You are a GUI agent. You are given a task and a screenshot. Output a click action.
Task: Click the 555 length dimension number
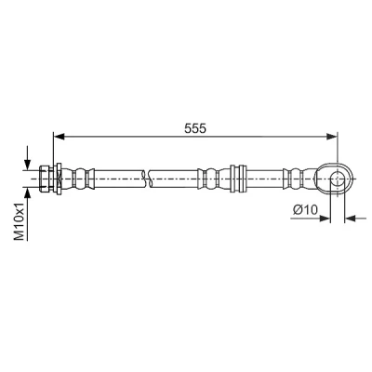[x=195, y=128]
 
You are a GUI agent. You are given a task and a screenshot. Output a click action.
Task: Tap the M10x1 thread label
[x=20, y=221]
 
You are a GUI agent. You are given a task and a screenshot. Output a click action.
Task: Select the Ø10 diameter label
[x=305, y=210]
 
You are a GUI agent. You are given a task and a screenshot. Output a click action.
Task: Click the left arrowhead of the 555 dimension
[x=59, y=136]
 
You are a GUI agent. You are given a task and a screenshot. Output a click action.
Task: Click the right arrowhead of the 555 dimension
[x=332, y=136]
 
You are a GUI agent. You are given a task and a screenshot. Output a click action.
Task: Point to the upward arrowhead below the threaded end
[x=28, y=193]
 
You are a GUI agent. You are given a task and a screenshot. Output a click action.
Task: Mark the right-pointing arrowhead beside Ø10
[x=325, y=219]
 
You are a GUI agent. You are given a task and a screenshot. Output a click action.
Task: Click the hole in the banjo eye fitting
[x=338, y=179]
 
